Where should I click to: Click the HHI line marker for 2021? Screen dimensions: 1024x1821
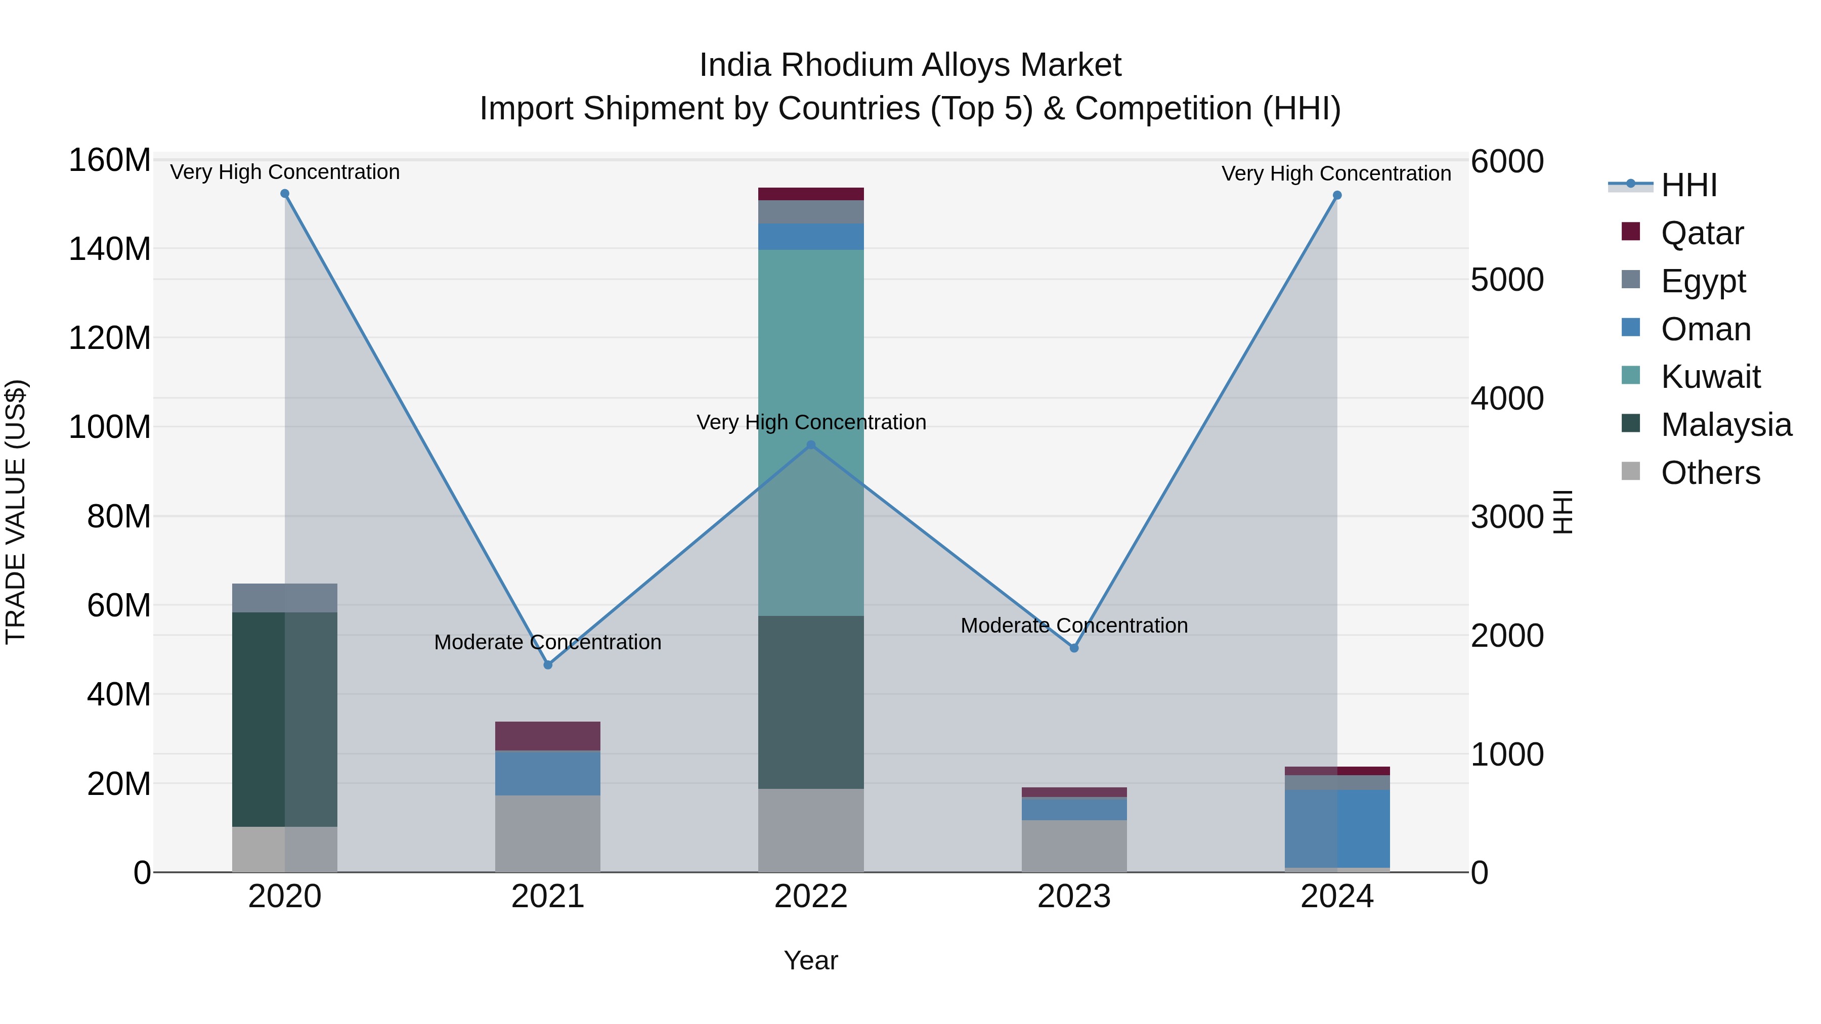pyautogui.click(x=548, y=665)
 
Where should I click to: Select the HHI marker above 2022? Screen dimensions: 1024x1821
pyautogui.click(x=811, y=445)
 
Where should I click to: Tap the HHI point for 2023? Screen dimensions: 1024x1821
pyautogui.click(x=1074, y=648)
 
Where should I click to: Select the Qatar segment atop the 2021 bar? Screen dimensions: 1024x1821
pyautogui.click(x=548, y=736)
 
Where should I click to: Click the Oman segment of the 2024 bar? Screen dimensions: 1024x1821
pyautogui.click(x=1337, y=827)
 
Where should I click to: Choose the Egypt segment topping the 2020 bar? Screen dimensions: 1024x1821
pyautogui.click(x=285, y=598)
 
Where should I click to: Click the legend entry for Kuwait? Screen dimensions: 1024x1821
pyautogui.click(x=1710, y=377)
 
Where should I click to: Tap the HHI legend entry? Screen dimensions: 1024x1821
pyautogui.click(x=1689, y=185)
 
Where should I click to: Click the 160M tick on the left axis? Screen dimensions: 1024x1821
pyautogui.click(x=110, y=160)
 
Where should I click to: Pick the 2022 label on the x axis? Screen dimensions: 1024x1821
pyautogui.click(x=811, y=897)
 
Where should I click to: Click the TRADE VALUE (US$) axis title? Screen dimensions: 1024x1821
pyautogui.click(x=16, y=512)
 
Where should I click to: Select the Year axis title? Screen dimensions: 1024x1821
pyautogui.click(x=811, y=960)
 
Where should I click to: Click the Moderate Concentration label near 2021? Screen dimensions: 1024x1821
pyautogui.click(x=548, y=642)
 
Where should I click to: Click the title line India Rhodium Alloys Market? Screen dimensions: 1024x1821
pyautogui.click(x=910, y=65)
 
